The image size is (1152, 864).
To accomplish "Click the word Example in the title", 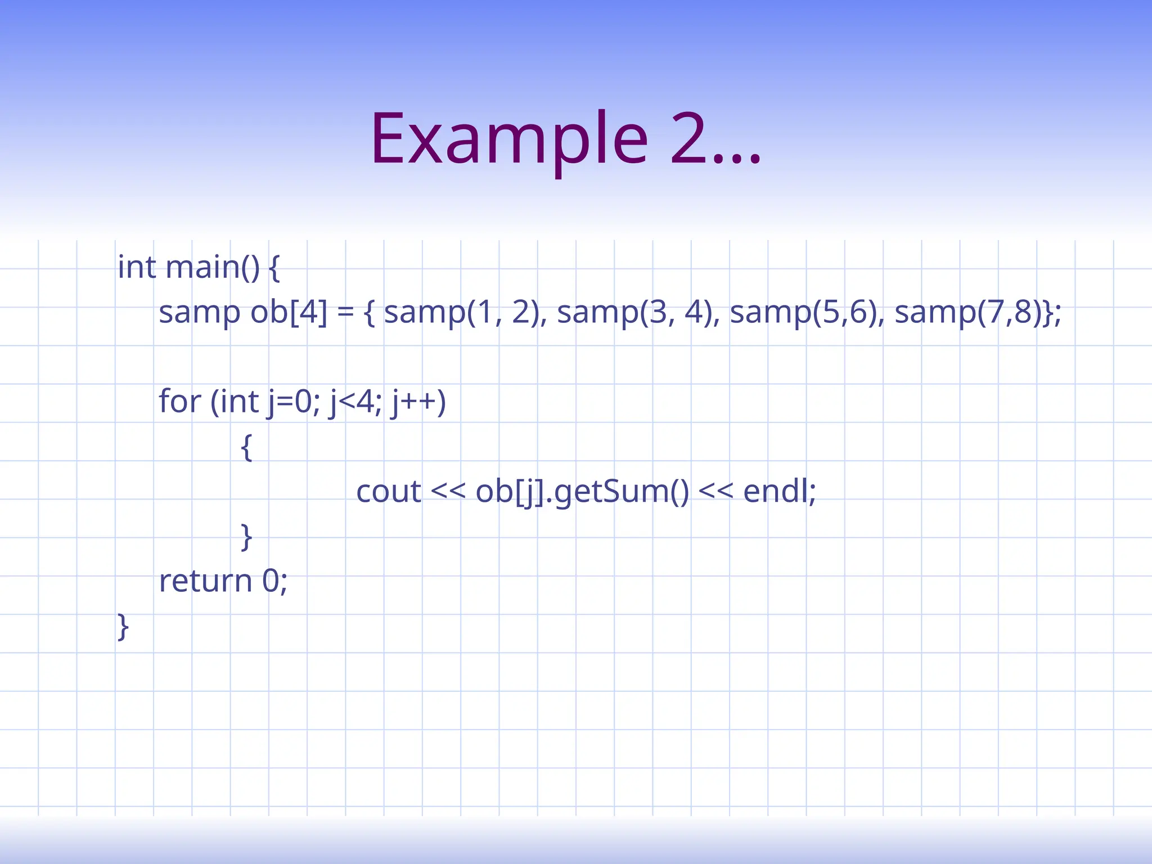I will (x=509, y=139).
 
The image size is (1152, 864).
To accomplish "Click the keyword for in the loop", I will (x=179, y=401).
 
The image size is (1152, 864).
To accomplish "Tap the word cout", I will (x=388, y=491).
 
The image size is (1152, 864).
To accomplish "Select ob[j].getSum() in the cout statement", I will (x=582, y=492).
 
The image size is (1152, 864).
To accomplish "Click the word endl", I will (x=776, y=491).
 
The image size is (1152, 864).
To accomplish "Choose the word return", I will (x=205, y=581).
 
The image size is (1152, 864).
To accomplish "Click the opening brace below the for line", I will (x=246, y=448).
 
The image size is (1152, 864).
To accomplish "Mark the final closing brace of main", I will (x=123, y=627).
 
